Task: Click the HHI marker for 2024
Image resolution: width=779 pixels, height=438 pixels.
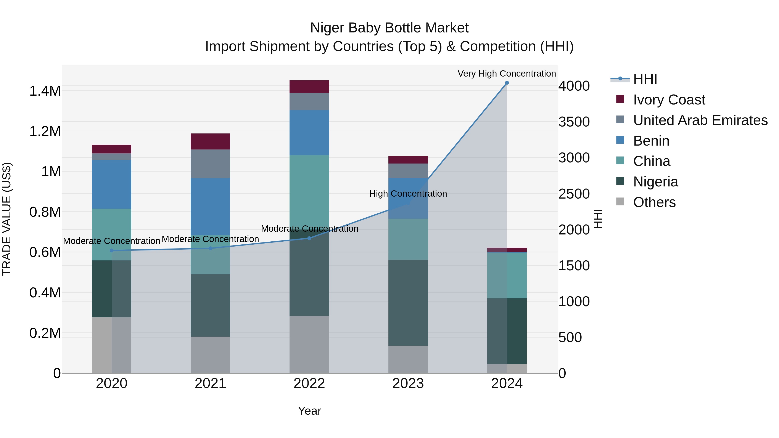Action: (507, 83)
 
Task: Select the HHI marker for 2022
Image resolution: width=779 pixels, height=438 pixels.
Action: (309, 238)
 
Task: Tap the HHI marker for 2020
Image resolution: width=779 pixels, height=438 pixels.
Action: (112, 251)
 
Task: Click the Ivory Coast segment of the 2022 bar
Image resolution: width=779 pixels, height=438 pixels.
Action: (309, 87)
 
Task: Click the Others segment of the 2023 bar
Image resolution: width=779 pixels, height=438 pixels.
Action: (408, 359)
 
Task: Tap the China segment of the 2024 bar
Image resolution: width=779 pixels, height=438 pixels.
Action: (507, 275)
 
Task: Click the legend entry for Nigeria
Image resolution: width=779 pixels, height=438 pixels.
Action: (655, 182)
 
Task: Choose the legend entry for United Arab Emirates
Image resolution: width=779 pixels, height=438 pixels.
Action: (700, 120)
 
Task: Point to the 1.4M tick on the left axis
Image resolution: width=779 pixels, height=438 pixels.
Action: (45, 91)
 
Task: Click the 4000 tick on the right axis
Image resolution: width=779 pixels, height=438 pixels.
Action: (574, 86)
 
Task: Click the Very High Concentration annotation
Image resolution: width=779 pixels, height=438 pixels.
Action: (507, 74)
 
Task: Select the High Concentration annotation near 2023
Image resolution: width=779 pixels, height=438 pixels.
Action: (408, 194)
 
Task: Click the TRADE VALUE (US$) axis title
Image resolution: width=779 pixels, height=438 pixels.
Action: (7, 219)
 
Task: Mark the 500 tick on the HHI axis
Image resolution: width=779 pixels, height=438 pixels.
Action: (570, 338)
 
